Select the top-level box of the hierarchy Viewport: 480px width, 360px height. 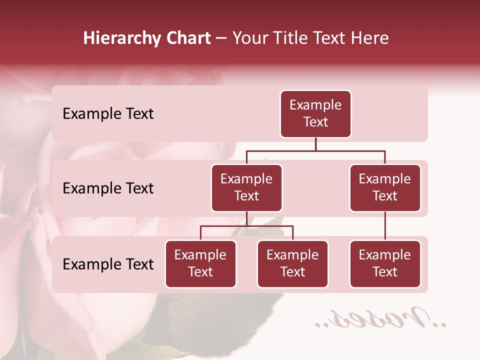pos(315,113)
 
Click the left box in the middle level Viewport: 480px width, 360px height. pos(246,187)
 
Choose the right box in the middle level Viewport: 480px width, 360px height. pos(385,187)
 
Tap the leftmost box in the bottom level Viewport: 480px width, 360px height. pos(200,263)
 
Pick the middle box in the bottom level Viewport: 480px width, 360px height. pos(292,263)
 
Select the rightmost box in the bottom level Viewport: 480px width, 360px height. pos(385,263)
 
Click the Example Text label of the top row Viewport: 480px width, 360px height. pos(108,114)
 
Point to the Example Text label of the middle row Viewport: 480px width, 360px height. pos(108,188)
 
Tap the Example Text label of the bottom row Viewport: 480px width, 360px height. pos(108,264)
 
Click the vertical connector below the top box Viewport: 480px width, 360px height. pos(315,144)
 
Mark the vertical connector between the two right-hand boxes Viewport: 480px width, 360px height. pos(385,226)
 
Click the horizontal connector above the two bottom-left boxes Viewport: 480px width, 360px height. pos(246,226)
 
